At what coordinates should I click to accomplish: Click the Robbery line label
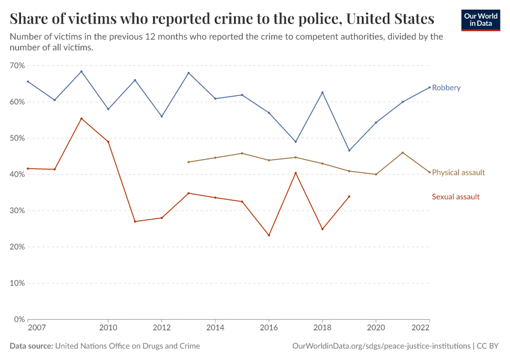coord(446,88)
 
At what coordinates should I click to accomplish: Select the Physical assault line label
coord(458,172)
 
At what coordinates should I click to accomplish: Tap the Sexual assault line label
coord(455,197)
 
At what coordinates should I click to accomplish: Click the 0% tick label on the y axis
coord(19,319)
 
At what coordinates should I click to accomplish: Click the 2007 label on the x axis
coord(36,329)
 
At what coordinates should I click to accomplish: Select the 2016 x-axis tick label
coord(269,329)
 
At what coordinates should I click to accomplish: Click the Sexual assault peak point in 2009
coord(82,118)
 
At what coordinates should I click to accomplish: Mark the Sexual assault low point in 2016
coord(269,235)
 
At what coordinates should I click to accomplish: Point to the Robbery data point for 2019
coord(349,150)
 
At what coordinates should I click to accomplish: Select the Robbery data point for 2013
coord(188,73)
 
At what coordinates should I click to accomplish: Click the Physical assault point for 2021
coord(403,152)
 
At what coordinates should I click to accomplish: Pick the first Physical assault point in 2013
coord(188,162)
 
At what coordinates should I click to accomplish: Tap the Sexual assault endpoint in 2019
coord(349,196)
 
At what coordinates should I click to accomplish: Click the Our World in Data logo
coord(480,20)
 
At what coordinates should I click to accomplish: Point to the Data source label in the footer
coord(31,346)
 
